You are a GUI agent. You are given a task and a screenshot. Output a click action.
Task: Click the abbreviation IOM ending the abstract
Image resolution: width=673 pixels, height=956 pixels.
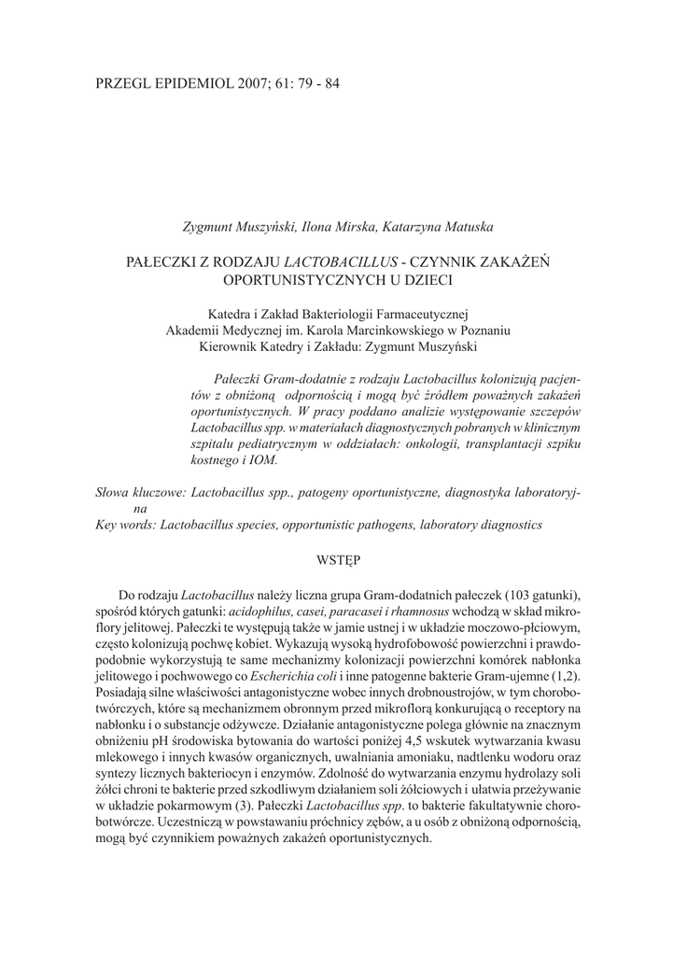pyautogui.click(x=264, y=459)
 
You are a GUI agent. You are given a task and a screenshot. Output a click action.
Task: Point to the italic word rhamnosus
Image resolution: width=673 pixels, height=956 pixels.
pyautogui.click(x=428, y=611)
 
